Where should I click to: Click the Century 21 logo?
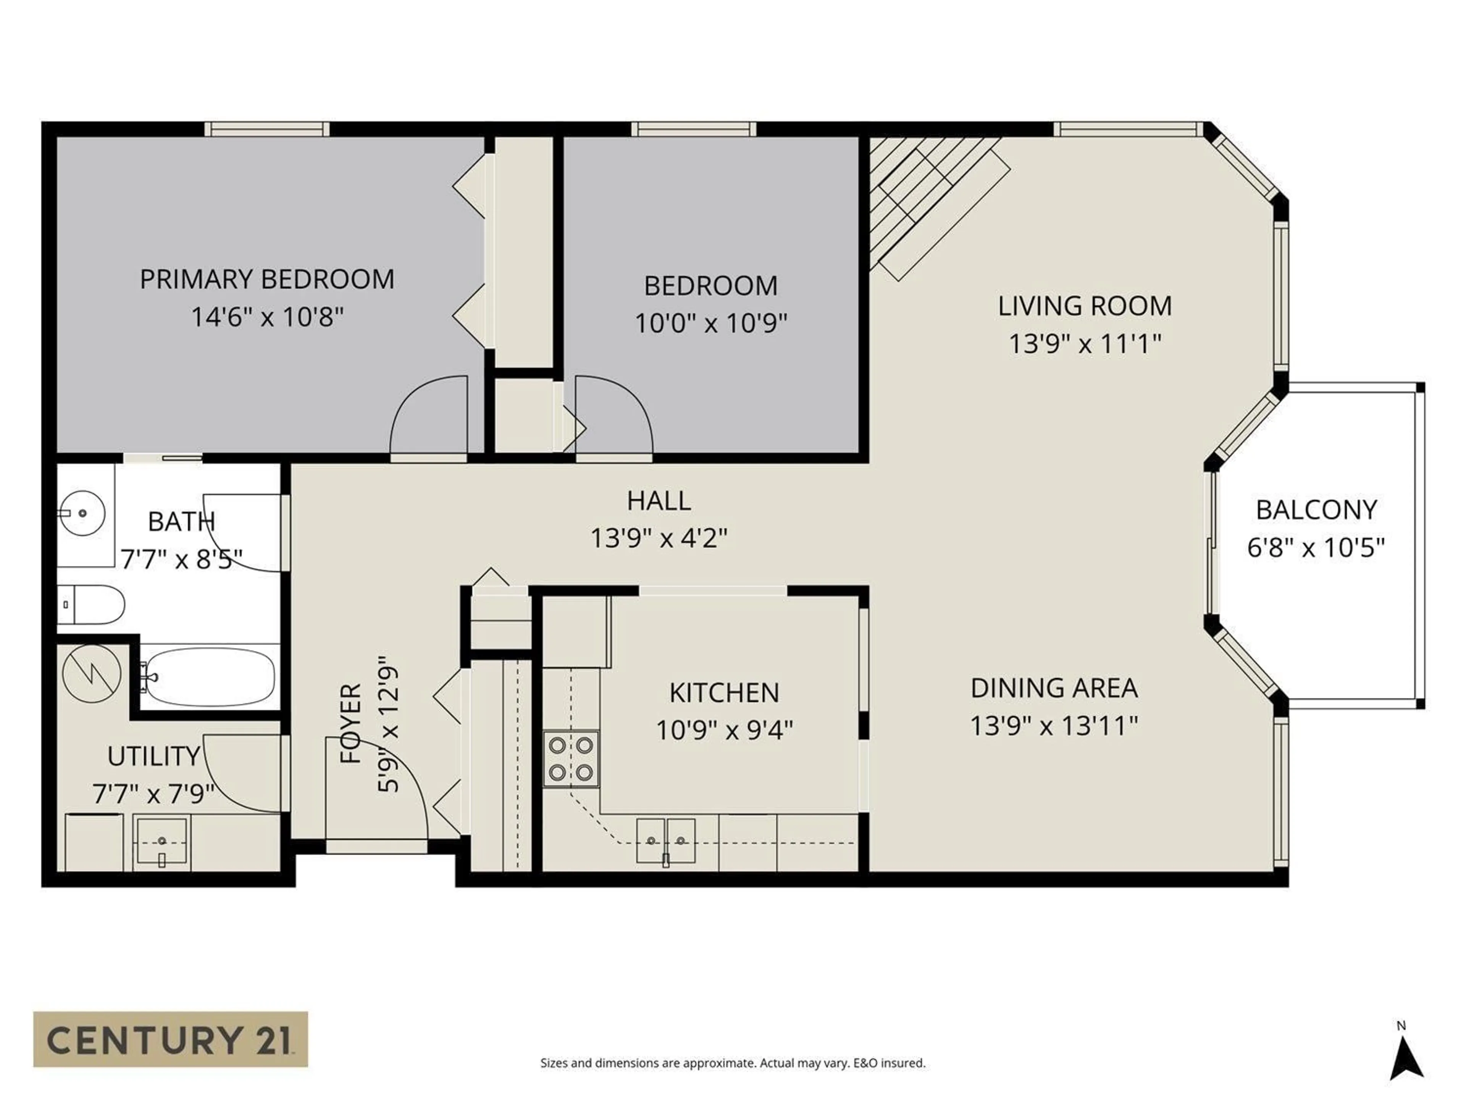pyautogui.click(x=170, y=1039)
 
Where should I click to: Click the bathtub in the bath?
pyautogui.click(x=210, y=677)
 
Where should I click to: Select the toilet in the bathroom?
pyautogui.click(x=92, y=604)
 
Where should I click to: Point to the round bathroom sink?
pyautogui.click(x=82, y=513)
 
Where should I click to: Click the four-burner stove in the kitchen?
pyautogui.click(x=571, y=759)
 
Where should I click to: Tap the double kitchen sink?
pyautogui.click(x=665, y=840)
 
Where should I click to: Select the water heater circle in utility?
pyautogui.click(x=92, y=674)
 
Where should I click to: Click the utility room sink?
pyautogui.click(x=162, y=841)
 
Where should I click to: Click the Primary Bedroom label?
pyautogui.click(x=267, y=279)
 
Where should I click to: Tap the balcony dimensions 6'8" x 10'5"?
pyautogui.click(x=1316, y=548)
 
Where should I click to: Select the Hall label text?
pyautogui.click(x=659, y=501)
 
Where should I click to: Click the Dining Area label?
pyautogui.click(x=1054, y=688)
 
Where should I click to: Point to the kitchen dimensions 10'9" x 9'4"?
pyautogui.click(x=724, y=730)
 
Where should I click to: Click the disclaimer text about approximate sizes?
pyautogui.click(x=732, y=1063)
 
